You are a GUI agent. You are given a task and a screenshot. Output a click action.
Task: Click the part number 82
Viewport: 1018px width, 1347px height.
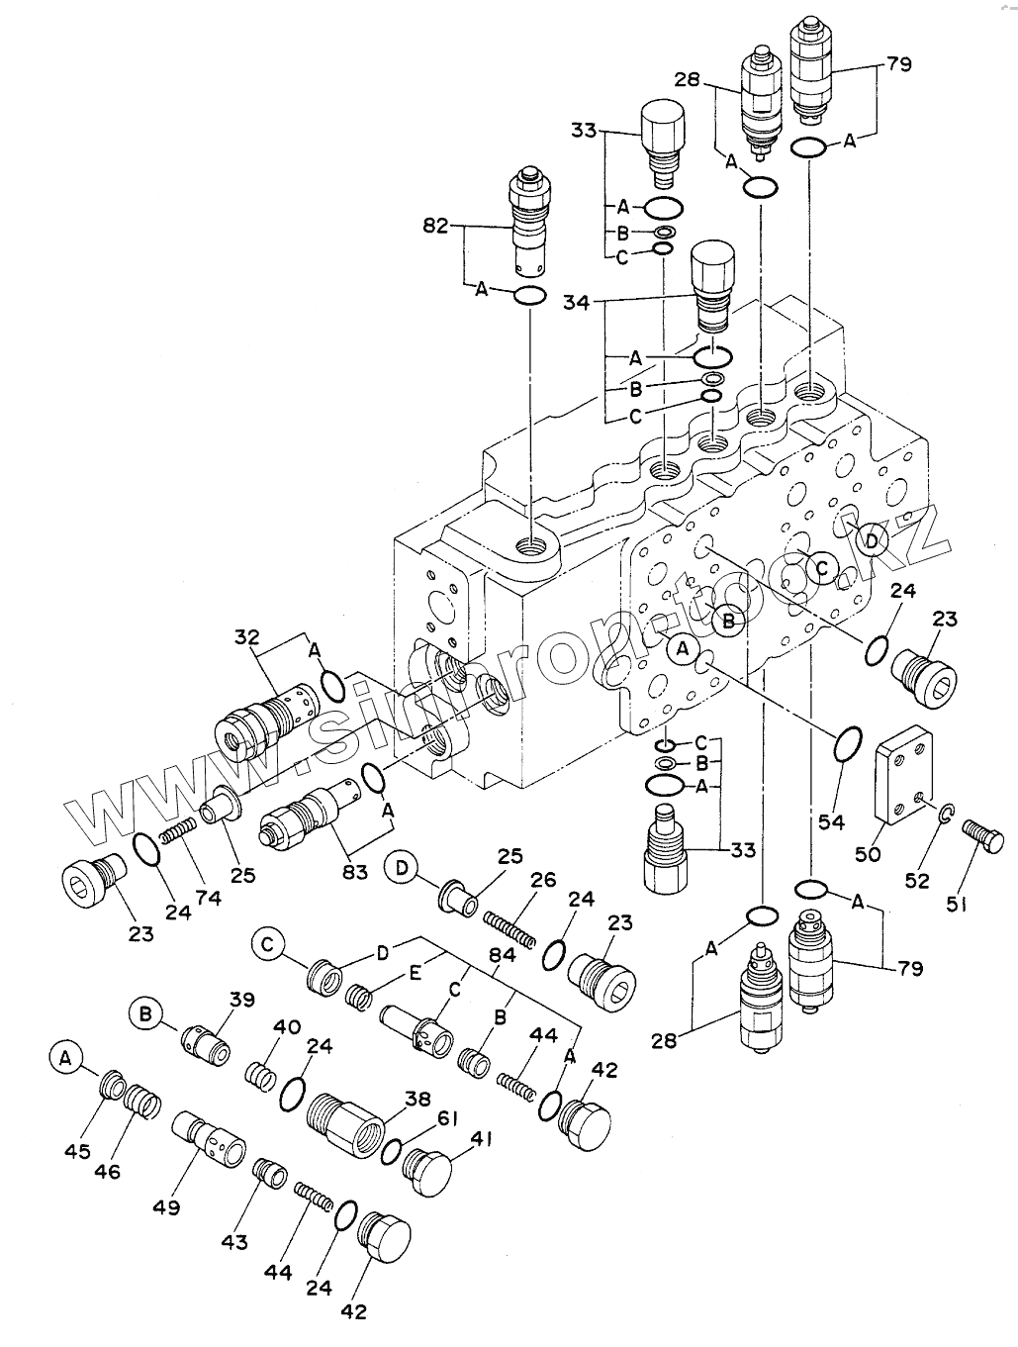[x=436, y=227]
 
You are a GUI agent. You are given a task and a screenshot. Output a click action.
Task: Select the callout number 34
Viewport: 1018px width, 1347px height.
[x=574, y=302]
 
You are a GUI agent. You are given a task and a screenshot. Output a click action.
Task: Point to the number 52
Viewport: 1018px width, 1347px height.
[x=917, y=880]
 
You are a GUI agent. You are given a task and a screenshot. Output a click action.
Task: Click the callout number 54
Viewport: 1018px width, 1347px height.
[x=830, y=821]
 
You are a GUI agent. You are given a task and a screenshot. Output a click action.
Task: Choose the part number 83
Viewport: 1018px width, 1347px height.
[x=355, y=872]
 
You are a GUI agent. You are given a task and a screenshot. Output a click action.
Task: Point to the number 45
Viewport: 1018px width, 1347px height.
[x=77, y=1151]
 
